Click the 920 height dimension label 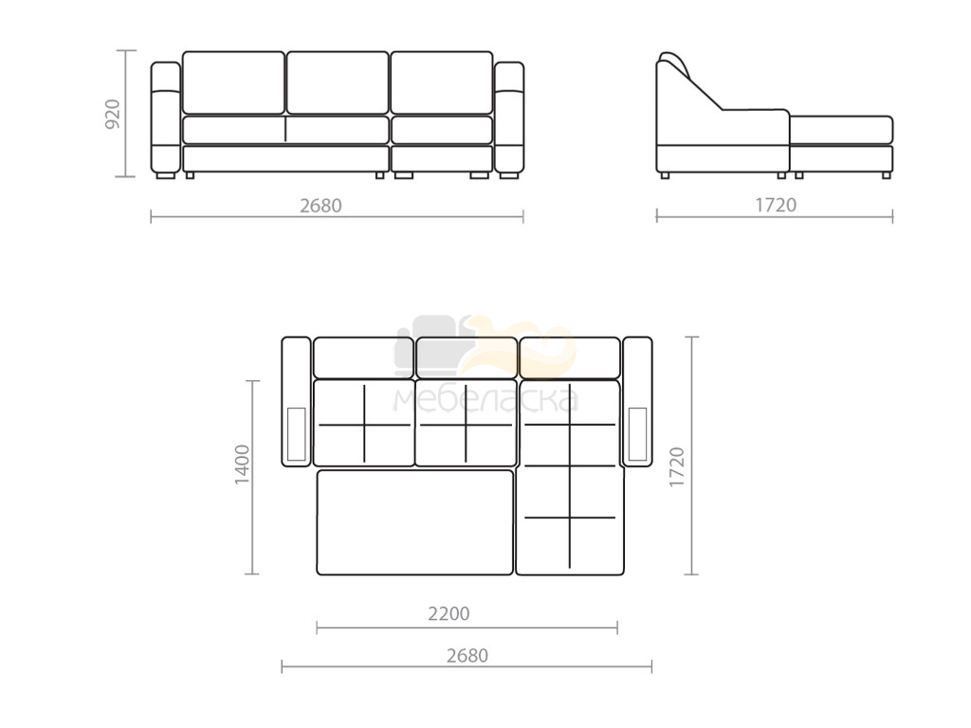113,114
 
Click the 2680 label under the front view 321,206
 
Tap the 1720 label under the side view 776,205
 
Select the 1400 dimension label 242,464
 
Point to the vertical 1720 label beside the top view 677,466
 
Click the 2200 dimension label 449,613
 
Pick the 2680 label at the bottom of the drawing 467,656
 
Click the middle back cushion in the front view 338,83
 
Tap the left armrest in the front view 166,118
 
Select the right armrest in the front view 509,118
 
